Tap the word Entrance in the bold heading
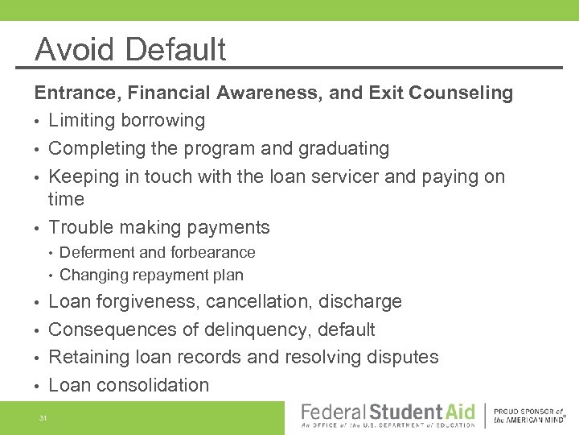coord(69,93)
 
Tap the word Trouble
coord(80,227)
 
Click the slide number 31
coord(43,417)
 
